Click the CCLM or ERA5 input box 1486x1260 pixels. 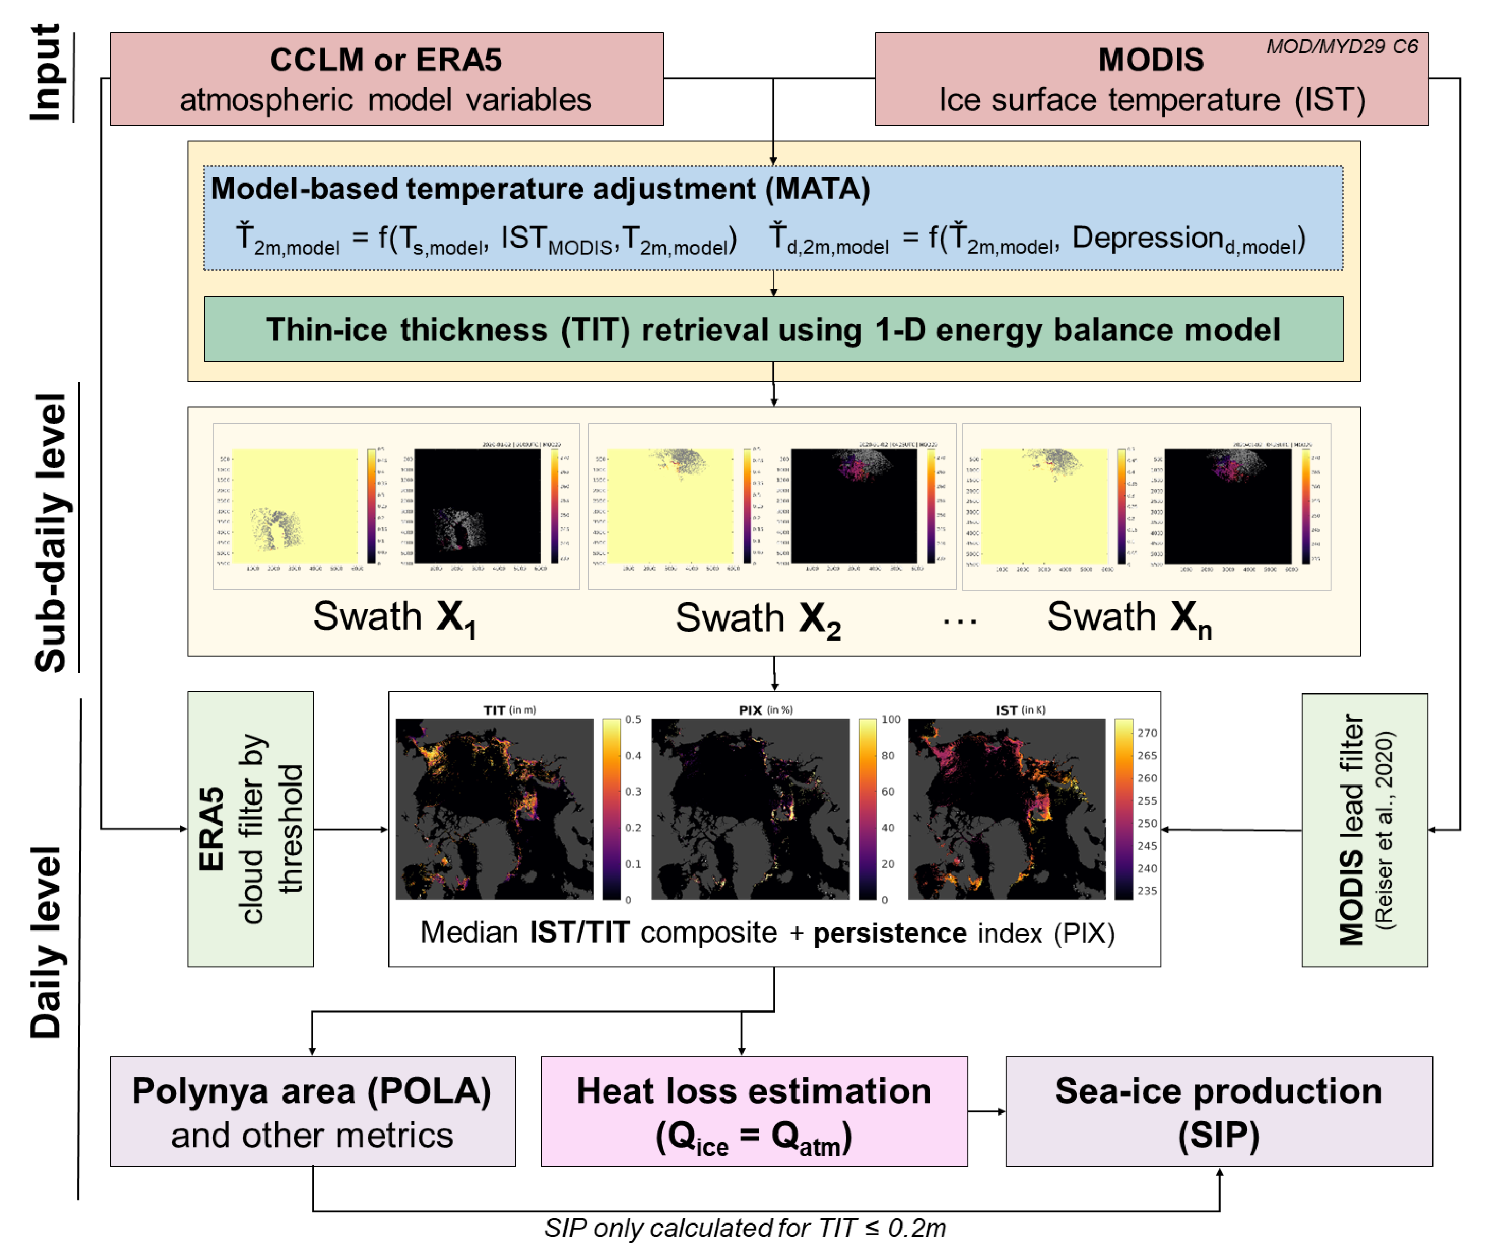[x=386, y=79]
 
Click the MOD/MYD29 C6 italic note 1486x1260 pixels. [x=1341, y=46]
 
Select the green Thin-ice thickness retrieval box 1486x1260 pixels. [x=773, y=330]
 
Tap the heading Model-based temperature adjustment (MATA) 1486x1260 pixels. [x=540, y=189]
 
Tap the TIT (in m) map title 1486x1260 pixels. [x=509, y=709]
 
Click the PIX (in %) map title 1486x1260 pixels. [x=765, y=709]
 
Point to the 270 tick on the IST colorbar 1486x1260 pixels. [x=1146, y=732]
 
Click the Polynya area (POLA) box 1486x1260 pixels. [x=312, y=1111]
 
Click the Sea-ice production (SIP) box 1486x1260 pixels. [x=1218, y=1111]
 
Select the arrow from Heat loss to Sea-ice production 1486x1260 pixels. [x=986, y=1111]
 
